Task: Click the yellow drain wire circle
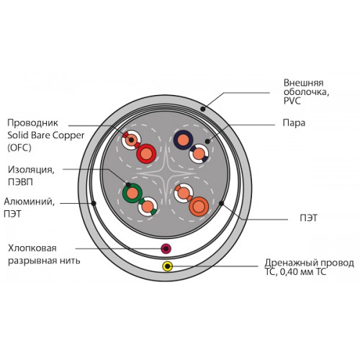pos(167,266)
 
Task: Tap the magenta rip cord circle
pos(166,248)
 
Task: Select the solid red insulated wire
pos(146,154)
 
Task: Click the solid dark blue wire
pos(183,140)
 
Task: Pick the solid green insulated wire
pos(132,193)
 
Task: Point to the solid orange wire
pos(199,207)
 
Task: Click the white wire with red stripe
pos(131,140)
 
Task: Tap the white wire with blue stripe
pos(199,154)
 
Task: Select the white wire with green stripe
pos(148,207)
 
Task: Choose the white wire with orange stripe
pos(184,193)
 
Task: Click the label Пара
pos(294,123)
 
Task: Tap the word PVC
pos(292,101)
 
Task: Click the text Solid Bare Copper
pos(46,135)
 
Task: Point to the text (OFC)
pos(19,148)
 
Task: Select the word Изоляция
pos(31,170)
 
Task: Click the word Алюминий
pos(30,202)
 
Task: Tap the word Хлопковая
pos(32,248)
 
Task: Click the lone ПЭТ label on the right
pos(309,218)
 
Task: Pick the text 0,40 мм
pos(293,272)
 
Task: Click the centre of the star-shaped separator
pos(166,174)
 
